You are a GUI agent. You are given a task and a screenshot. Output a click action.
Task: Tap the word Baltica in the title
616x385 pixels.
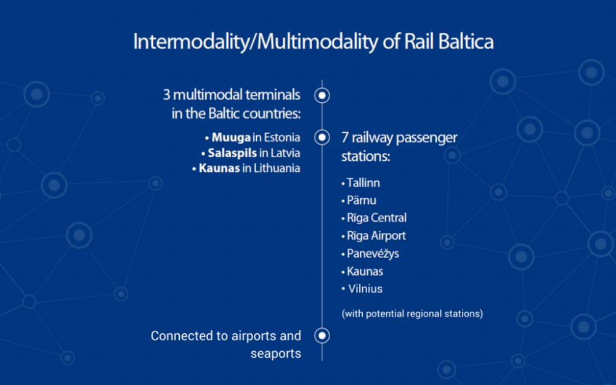tap(466, 41)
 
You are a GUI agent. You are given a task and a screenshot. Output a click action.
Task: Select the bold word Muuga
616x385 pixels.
tap(231, 137)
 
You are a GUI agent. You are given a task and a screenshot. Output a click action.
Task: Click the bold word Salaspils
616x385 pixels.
tap(232, 153)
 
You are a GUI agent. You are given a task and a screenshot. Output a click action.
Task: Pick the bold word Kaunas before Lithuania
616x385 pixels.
tap(219, 168)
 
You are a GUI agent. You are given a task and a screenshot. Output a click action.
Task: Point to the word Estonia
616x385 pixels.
tap(282, 137)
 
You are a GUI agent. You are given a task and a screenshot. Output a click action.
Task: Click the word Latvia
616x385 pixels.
tap(285, 153)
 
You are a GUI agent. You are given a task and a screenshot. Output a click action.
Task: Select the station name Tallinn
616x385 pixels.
tap(363, 183)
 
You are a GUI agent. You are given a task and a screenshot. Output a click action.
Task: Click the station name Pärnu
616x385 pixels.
tap(362, 200)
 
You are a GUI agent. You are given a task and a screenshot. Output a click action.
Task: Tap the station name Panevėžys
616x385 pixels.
tap(373, 253)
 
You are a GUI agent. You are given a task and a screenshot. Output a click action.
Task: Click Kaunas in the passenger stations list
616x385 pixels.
tap(365, 272)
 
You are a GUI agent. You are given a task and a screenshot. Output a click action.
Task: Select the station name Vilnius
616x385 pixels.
tap(365, 289)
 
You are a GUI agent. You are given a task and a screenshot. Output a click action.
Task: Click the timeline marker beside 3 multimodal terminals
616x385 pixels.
tap(322, 95)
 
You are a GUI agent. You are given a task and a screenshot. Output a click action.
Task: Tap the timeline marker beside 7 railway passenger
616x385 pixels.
tap(322, 137)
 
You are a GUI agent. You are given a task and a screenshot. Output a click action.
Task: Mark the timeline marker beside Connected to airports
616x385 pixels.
tap(322, 336)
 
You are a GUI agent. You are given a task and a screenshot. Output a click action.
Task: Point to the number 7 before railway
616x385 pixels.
tap(345, 137)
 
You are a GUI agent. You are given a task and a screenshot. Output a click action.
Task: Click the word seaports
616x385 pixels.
tap(276, 354)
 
